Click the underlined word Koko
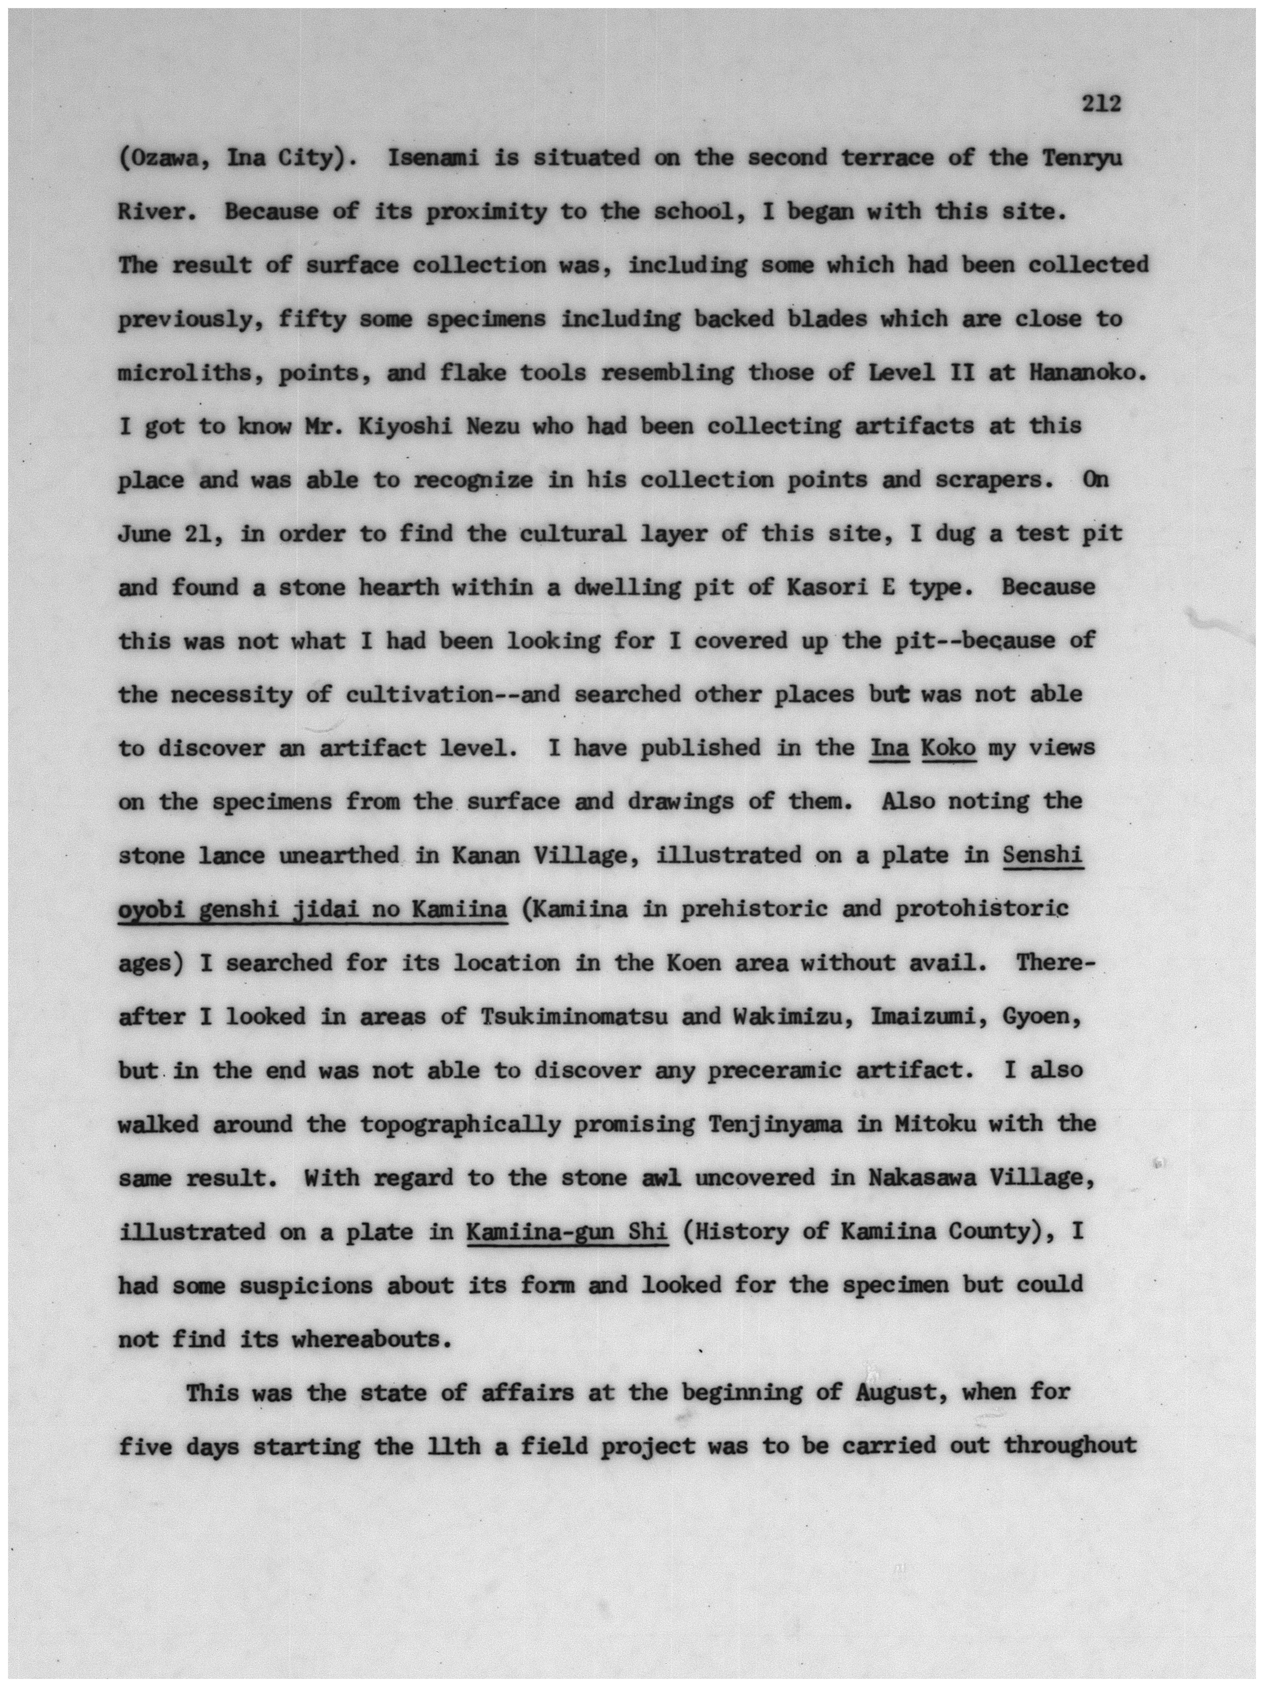point(948,748)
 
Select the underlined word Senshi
point(1042,856)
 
